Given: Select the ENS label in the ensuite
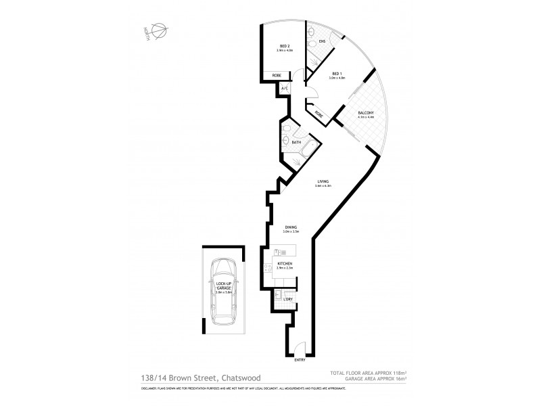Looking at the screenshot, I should click(323, 42).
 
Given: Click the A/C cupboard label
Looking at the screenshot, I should click(285, 89).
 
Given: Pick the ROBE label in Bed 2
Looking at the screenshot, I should click(277, 75).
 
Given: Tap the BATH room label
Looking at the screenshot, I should click(296, 142).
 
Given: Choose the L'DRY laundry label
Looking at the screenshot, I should click(287, 298).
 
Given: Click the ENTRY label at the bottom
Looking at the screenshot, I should click(300, 360).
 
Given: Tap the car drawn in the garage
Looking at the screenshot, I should click(222, 292).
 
